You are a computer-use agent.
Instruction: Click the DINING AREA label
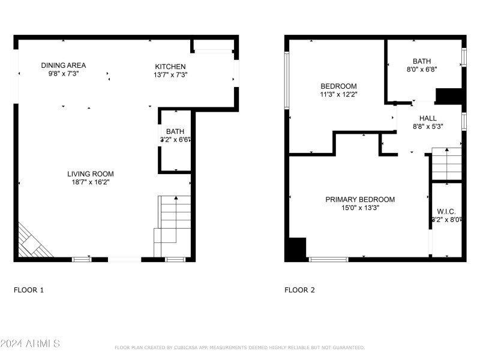coord(64,65)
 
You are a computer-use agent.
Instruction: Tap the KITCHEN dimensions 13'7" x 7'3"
coord(170,75)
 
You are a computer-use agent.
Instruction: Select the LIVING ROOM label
coord(90,174)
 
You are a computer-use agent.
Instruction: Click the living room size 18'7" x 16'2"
coord(90,182)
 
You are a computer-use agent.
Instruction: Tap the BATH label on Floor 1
coord(175,131)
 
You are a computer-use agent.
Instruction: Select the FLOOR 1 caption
coord(29,290)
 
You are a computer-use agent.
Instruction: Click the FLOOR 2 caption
coord(299,290)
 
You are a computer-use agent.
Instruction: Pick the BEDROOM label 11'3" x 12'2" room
coord(338,86)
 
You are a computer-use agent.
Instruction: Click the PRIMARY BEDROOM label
coord(360,200)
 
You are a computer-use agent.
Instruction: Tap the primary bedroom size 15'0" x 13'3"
coord(360,208)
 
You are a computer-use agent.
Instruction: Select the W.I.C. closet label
coord(446,211)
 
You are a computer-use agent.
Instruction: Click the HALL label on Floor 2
coord(428,118)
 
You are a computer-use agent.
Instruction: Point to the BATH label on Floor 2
coord(422,61)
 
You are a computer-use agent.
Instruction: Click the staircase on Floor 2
coord(446,164)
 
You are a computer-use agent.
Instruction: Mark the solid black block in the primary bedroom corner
coord(296,249)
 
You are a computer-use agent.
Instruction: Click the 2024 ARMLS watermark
coord(30,344)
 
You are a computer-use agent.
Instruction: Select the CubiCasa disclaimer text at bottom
coord(239,347)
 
